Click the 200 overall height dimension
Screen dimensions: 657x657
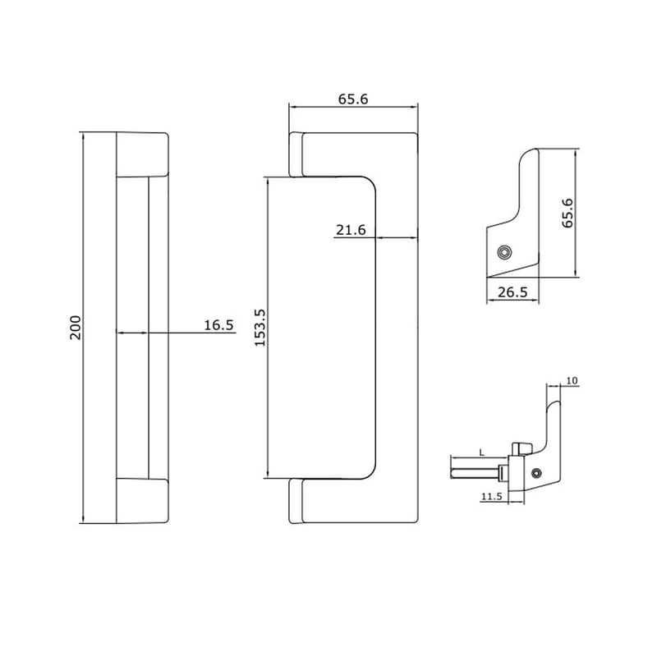point(75,328)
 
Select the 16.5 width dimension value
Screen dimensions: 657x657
point(218,325)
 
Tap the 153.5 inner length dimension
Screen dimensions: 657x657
point(260,328)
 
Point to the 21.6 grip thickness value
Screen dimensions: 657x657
point(350,231)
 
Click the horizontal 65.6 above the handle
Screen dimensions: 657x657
point(353,99)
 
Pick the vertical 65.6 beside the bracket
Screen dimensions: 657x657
point(567,213)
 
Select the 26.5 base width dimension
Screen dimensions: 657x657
point(513,292)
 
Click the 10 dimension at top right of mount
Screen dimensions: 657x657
point(572,380)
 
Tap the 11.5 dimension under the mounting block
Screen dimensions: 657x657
point(491,496)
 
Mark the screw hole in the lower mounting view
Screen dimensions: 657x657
point(536,472)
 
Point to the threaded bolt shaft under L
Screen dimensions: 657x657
point(475,471)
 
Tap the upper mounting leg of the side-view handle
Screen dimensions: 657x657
point(298,154)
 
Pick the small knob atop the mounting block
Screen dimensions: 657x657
point(521,448)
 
